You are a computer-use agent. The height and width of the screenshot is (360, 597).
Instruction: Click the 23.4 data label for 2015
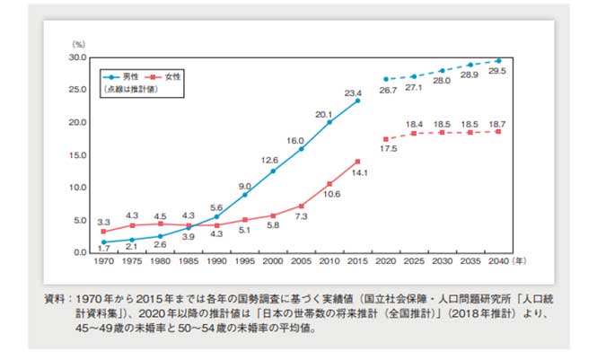(x=352, y=92)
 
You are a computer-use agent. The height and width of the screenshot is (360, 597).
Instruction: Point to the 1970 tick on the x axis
(x=104, y=263)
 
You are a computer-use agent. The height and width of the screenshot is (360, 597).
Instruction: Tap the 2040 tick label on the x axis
(x=498, y=263)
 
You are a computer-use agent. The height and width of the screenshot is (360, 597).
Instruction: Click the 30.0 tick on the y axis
(x=76, y=57)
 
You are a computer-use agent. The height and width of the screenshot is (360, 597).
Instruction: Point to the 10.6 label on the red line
(x=332, y=194)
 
